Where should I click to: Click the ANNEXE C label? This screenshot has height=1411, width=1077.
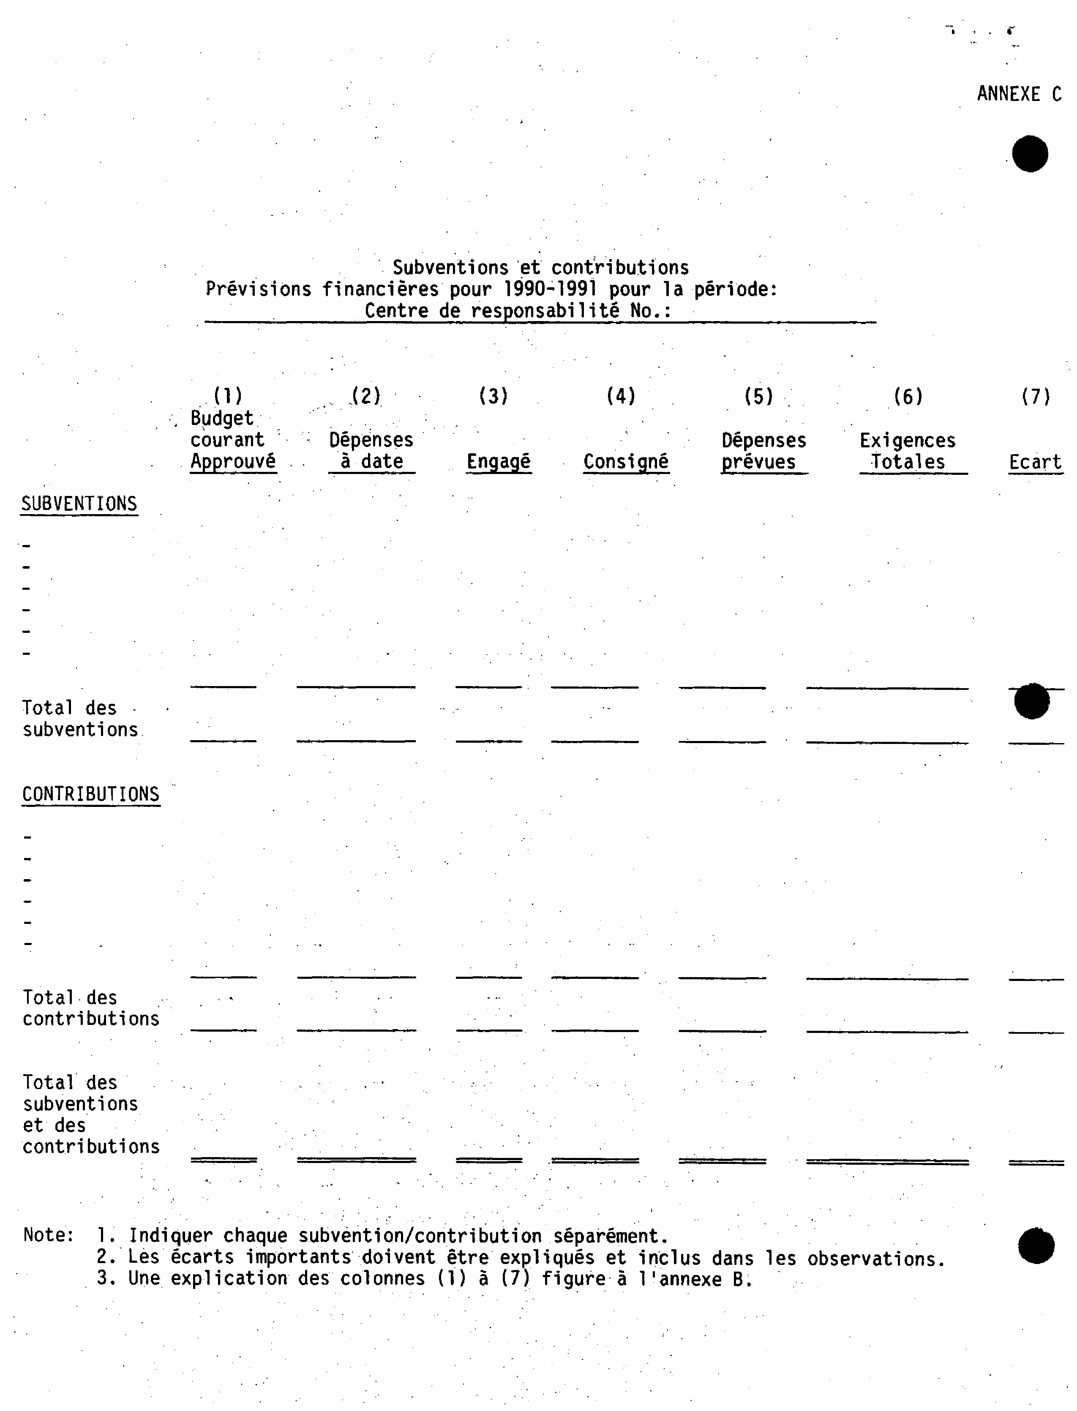(1019, 94)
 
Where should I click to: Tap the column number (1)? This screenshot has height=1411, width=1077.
(228, 395)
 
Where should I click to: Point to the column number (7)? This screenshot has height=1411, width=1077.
(1035, 397)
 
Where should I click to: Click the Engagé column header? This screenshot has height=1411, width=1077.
(498, 462)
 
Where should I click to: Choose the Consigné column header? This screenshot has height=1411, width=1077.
(626, 462)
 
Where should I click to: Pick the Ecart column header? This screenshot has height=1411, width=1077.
(1035, 462)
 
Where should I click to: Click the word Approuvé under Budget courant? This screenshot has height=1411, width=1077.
(233, 461)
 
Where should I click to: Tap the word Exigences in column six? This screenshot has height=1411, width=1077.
(907, 441)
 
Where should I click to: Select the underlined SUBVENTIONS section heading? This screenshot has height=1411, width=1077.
(79, 504)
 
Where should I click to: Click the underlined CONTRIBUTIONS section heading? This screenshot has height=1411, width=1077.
(90, 794)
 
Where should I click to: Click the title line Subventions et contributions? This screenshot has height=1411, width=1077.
(540, 267)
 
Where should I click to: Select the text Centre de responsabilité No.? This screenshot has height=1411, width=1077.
(518, 311)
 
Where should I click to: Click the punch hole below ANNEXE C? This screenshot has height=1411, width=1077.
(1030, 154)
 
